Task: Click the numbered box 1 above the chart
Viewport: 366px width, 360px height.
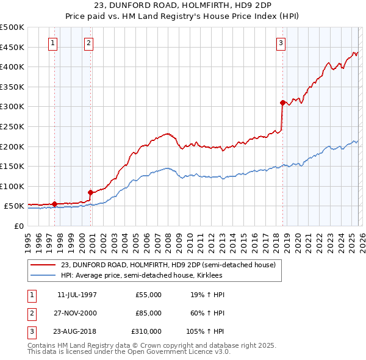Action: tap(54, 43)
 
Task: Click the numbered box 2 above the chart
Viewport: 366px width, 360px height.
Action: tap(89, 43)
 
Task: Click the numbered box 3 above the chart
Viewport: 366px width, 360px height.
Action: tap(281, 43)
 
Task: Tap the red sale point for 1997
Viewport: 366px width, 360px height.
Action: tap(54, 204)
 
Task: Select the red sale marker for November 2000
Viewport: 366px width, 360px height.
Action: tap(91, 192)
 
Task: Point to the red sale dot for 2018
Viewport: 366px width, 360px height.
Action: tap(282, 103)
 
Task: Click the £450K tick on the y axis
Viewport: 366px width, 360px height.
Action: tap(12, 47)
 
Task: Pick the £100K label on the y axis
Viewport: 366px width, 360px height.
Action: tap(12, 186)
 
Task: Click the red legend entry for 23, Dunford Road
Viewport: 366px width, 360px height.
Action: tap(168, 265)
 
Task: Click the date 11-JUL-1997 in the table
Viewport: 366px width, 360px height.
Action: tap(77, 295)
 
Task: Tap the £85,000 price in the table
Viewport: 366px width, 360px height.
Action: tap(148, 313)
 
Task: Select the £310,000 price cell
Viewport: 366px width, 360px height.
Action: tap(146, 331)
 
